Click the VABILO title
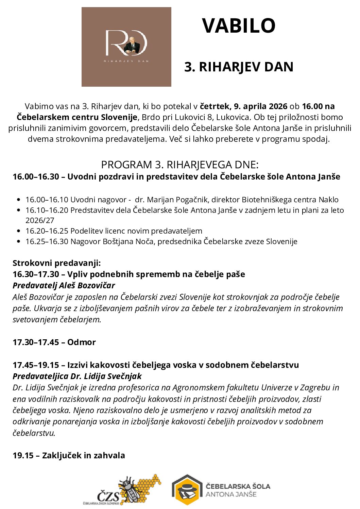pyautogui.click(x=239, y=26)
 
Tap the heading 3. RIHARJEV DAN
pyautogui.click(x=239, y=67)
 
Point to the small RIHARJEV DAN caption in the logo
pyautogui.click(x=126, y=61)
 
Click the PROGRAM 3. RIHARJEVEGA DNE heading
pyautogui.click(x=180, y=165)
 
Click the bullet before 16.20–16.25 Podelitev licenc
pyautogui.click(x=19, y=231)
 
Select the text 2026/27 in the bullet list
pyautogui.click(x=40, y=220)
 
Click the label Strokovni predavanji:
pyautogui.click(x=56, y=263)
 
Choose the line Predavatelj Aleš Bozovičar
pyautogui.click(x=64, y=285)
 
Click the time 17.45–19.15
pyautogui.click(x=36, y=365)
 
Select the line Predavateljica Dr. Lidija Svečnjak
pyautogui.click(x=77, y=376)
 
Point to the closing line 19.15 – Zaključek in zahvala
pyautogui.click(x=69, y=455)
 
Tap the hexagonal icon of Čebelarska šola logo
pyautogui.click(x=187, y=490)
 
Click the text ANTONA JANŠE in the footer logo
pyautogui.click(x=231, y=494)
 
